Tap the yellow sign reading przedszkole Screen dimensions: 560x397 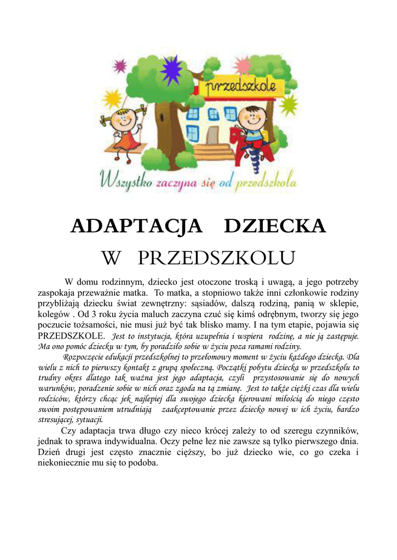[x=244, y=87]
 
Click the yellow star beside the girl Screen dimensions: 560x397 [x=112, y=98]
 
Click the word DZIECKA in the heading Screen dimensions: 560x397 [x=275, y=226]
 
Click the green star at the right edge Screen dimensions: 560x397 [x=289, y=104]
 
